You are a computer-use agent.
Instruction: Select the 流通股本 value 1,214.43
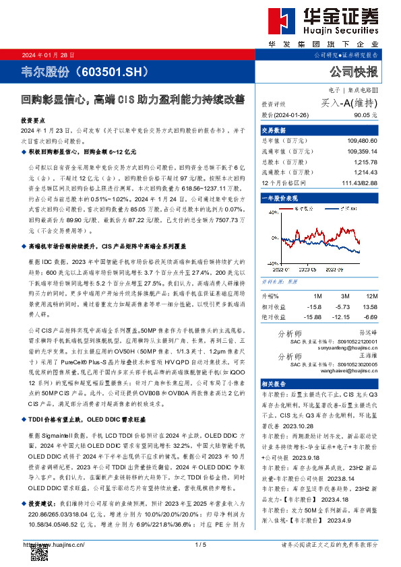pos(365,173)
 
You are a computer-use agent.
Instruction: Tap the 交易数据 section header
pos(270,130)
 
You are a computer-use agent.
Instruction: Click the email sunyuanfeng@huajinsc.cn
pos(353,351)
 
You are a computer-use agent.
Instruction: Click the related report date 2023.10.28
pos(301,426)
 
